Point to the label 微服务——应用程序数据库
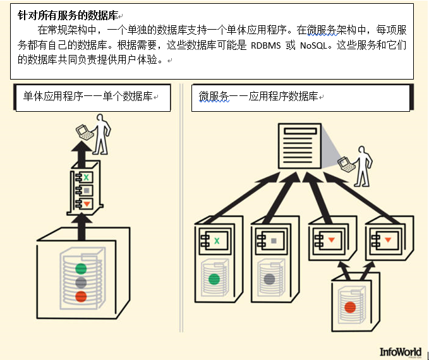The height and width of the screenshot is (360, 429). coord(259,97)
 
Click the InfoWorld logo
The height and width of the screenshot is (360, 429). coord(401,351)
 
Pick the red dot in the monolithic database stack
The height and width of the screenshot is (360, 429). coord(80,296)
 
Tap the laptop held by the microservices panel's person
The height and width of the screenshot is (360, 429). coord(345,164)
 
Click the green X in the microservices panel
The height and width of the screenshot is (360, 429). coord(217,240)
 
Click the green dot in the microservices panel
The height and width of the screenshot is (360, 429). coord(214,278)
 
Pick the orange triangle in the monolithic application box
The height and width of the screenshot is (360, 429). coord(87,203)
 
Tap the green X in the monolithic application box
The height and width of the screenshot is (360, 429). coord(87,177)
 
